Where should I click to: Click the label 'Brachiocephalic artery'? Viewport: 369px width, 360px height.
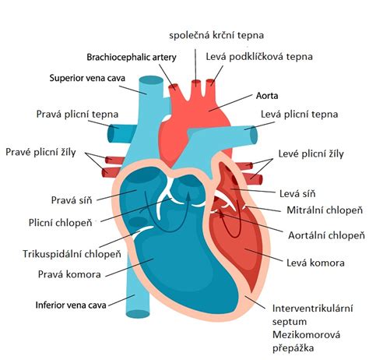[x=132, y=57]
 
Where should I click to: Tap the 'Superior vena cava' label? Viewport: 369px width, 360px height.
[x=87, y=78]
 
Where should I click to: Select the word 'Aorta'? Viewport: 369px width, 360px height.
[x=267, y=96]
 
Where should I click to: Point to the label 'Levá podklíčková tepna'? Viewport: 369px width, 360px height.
[x=259, y=57]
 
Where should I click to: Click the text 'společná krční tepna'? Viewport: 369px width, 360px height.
[x=216, y=35]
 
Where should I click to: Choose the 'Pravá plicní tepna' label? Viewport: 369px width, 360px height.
[x=77, y=115]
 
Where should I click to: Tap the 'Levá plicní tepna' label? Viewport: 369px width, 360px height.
[x=300, y=115]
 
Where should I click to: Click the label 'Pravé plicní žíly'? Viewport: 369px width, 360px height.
[x=40, y=152]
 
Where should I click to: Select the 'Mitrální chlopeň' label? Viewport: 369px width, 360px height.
[x=325, y=210]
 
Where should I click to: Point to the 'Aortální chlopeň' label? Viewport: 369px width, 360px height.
[x=326, y=235]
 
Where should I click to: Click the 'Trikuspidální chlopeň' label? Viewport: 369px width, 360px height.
[x=72, y=254]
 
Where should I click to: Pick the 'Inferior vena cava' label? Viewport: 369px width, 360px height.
[x=71, y=305]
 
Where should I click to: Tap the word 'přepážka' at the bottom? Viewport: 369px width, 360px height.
[x=293, y=348]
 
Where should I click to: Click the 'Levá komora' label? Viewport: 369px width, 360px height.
[x=315, y=263]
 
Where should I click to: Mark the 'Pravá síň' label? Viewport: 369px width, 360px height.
[x=72, y=200]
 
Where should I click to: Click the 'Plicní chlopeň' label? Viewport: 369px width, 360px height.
[x=61, y=223]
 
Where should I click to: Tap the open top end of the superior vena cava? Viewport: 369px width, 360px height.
[x=151, y=80]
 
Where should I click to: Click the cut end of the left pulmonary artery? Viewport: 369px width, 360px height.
[x=254, y=136]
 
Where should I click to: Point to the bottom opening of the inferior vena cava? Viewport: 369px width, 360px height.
[x=138, y=314]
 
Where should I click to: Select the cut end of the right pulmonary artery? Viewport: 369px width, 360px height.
[x=111, y=133]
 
